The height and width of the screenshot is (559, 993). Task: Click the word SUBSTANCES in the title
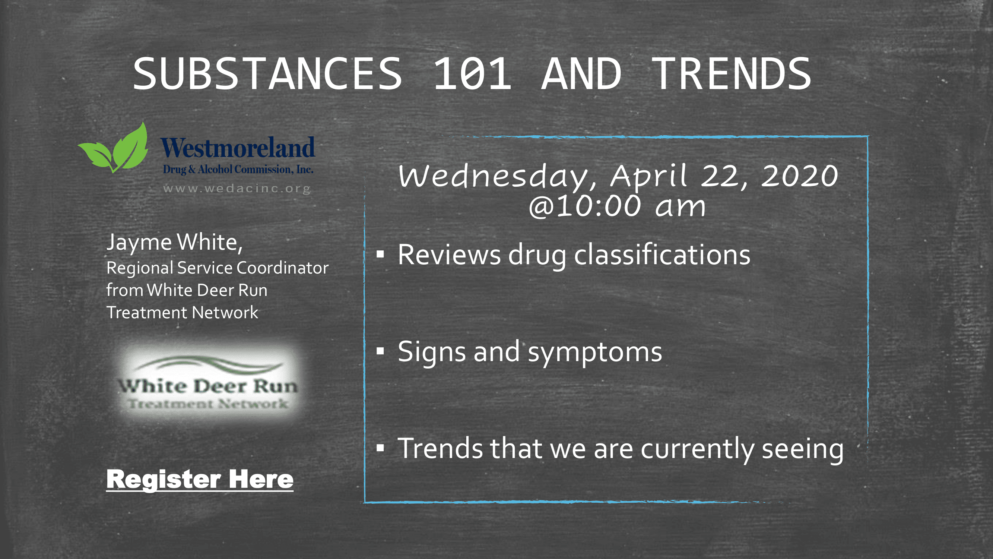click(268, 73)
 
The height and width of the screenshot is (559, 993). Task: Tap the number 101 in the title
click(473, 73)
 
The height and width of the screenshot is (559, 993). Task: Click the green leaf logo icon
click(113, 147)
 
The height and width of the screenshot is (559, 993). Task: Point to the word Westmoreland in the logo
click(238, 147)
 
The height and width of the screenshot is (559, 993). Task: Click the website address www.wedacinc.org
click(237, 189)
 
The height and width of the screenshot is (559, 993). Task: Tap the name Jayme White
click(175, 243)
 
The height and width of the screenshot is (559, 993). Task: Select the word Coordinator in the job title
click(283, 268)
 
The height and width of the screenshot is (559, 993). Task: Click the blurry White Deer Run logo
click(208, 383)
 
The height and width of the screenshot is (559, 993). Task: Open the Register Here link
click(200, 479)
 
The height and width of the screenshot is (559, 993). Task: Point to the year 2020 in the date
click(800, 176)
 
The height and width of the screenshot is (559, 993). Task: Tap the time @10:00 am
click(617, 206)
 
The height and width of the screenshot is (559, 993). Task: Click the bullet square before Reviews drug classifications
click(380, 254)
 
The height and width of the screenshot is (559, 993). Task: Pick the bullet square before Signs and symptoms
click(380, 351)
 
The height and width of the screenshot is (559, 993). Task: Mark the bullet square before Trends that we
click(380, 448)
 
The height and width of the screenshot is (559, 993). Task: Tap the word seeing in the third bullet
click(803, 450)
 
